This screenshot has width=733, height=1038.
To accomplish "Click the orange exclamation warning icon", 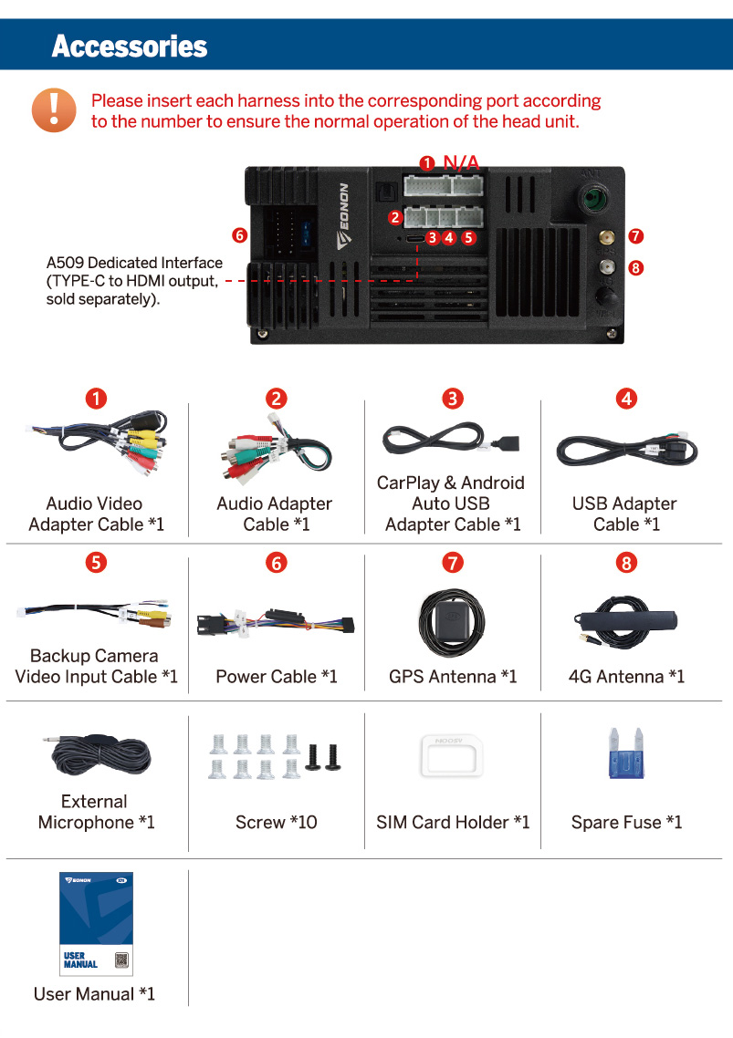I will [54, 109].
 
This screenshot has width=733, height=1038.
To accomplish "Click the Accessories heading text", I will [130, 46].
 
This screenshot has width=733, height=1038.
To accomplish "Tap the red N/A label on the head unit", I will [461, 162].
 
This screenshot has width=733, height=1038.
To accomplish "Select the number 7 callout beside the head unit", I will [636, 236].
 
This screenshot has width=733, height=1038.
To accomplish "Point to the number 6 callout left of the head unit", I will [239, 235].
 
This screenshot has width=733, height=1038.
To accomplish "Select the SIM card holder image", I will [451, 754].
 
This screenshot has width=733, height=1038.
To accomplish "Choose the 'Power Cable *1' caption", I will [277, 677].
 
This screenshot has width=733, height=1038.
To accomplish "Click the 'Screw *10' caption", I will [277, 823].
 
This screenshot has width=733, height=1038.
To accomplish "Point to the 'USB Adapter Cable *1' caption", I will [625, 514].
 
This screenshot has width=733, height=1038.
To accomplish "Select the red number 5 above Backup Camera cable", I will [95, 563].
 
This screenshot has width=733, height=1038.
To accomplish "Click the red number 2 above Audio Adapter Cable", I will [277, 398].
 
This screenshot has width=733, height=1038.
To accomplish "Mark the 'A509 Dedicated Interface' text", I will [134, 264].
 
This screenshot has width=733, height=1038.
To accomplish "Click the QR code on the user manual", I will [121, 960].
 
